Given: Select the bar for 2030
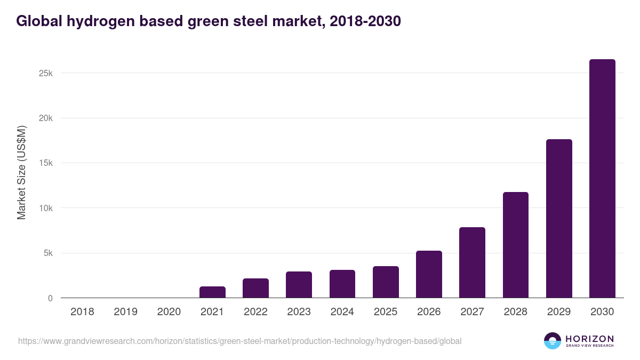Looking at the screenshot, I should pyautogui.click(x=602, y=179).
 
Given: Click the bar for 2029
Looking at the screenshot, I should pyautogui.click(x=559, y=219).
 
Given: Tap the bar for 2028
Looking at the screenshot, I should pyautogui.click(x=516, y=245).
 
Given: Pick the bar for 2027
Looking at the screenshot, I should pyautogui.click(x=472, y=262).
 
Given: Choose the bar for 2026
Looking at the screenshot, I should pyautogui.click(x=429, y=274).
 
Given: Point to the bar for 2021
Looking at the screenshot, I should pyautogui.click(x=212, y=292).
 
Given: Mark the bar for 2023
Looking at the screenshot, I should pyautogui.click(x=299, y=285).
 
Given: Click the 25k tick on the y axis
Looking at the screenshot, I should pyautogui.click(x=46, y=73).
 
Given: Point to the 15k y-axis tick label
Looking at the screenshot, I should pyautogui.click(x=46, y=163).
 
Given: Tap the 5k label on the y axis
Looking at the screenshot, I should pyautogui.click(x=48, y=253).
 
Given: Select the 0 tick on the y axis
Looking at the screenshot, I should pyautogui.click(x=50, y=298).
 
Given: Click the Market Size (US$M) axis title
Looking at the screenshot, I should pyautogui.click(x=21, y=172).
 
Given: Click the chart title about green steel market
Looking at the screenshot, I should pyautogui.click(x=209, y=21).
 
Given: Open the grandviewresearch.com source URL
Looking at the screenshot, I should pyautogui.click(x=239, y=341).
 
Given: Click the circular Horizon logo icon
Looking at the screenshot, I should pyautogui.click(x=553, y=341).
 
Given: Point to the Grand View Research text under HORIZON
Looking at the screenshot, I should pyautogui.click(x=589, y=346).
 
